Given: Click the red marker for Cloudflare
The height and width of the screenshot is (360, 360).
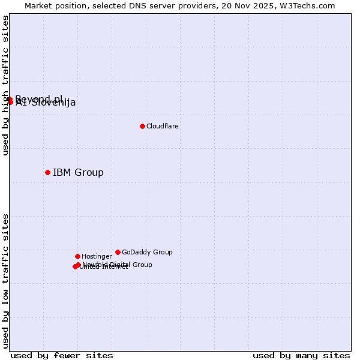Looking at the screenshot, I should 142,126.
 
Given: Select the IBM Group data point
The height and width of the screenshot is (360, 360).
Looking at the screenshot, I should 47,172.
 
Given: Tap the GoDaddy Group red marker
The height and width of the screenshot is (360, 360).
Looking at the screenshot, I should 118,252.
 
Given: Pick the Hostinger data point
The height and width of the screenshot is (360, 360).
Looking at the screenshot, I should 77,256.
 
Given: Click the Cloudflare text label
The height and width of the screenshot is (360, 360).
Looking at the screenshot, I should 163,126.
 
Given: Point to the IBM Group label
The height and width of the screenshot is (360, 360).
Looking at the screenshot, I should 78,173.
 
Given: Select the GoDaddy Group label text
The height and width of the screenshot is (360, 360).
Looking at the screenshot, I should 147,252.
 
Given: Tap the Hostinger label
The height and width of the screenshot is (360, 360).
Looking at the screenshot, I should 97,256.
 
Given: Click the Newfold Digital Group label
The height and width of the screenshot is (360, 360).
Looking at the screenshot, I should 118,264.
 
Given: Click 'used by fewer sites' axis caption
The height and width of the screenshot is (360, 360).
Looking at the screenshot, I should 62,355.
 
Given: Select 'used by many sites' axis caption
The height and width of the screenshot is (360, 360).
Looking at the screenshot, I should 301,355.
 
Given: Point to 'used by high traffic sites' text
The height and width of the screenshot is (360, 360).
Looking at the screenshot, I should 5,85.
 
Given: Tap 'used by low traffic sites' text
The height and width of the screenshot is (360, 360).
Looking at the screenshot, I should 5,281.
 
